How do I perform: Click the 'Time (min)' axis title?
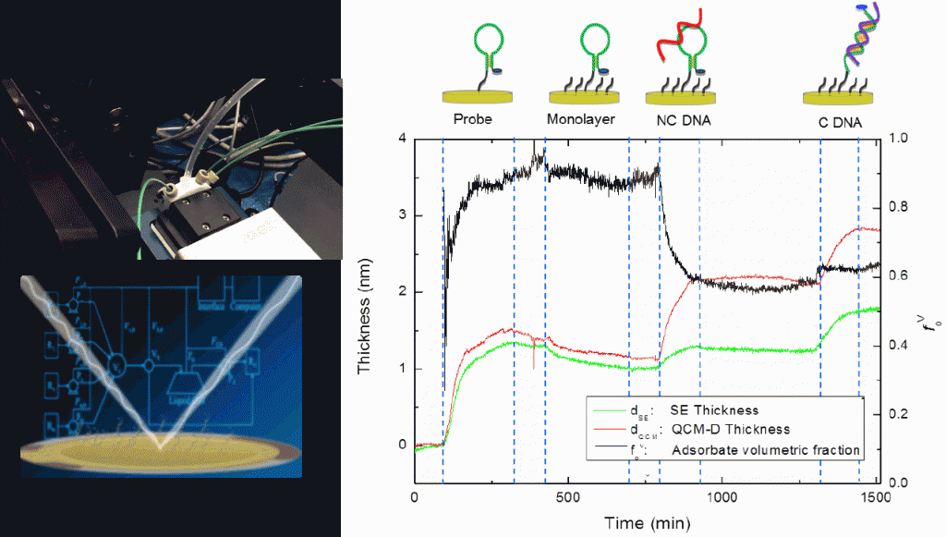pos(643,523)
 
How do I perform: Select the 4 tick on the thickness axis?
pos(402,139)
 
